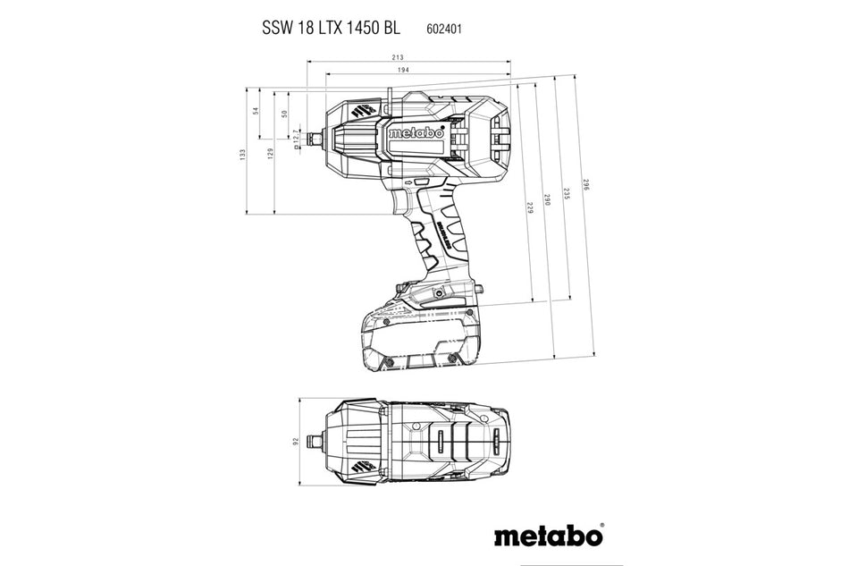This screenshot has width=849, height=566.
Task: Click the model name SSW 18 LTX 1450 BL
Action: pos(331,28)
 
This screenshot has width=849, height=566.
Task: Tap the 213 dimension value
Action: pos(410,57)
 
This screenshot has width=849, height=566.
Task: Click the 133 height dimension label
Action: pos(242,154)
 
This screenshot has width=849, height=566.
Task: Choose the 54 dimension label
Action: pos(255,112)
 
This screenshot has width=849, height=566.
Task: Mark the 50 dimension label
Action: pos(283,114)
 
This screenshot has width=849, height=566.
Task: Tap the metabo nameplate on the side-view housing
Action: pos(422,132)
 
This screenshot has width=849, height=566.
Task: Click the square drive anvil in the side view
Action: pos(314,139)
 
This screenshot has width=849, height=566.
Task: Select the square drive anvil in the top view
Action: pos(314,442)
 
